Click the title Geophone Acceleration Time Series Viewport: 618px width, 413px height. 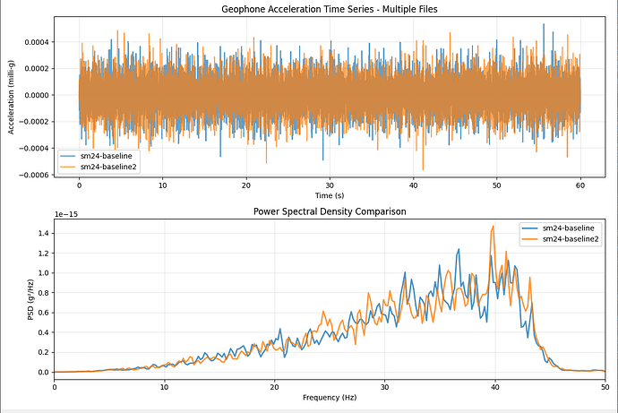(330, 9)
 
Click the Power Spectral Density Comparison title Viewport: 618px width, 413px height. (330, 212)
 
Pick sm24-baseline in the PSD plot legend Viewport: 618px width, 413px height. (564, 228)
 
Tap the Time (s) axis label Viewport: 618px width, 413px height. (330, 194)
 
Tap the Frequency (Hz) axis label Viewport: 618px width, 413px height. (330, 395)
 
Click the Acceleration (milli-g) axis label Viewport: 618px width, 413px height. (12, 95)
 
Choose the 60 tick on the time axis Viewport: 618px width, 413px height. (580, 185)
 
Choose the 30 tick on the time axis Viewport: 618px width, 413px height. (330, 185)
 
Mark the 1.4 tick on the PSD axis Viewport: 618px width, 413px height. (43, 233)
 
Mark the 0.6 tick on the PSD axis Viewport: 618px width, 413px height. (43, 313)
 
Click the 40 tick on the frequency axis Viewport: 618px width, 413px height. (494, 385)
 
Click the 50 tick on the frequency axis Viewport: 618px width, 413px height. (605, 385)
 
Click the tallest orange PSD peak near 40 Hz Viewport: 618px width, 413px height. (493, 227)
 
